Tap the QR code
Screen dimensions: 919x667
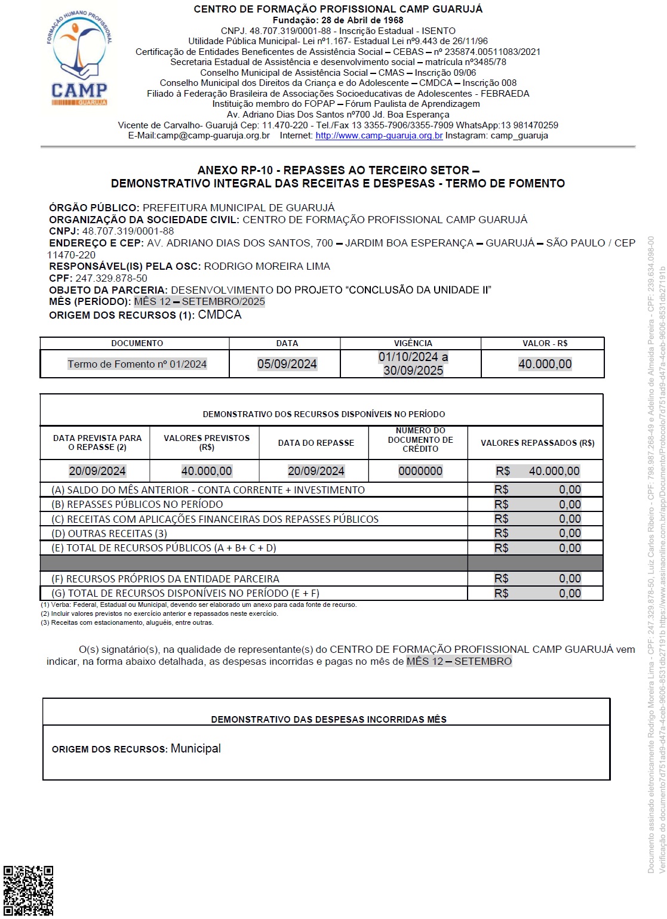tap(28, 890)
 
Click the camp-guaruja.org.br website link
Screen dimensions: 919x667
tap(379, 135)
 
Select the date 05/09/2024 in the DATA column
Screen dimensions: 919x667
tap(287, 364)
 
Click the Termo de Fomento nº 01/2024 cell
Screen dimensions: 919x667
tap(137, 364)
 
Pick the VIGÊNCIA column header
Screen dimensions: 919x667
tap(413, 343)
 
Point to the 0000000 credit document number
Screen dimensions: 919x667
tap(420, 471)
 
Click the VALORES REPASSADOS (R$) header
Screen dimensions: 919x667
tap(537, 443)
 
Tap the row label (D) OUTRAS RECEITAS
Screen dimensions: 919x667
tap(109, 533)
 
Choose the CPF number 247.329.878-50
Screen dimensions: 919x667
tap(111, 278)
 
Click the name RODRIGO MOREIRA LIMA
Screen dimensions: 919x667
tap(267, 266)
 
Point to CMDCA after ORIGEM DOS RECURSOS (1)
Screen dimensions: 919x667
tap(220, 314)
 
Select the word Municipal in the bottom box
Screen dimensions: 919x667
tap(196, 748)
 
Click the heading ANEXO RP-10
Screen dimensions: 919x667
tap(338, 170)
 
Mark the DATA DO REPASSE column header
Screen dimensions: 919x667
tap(316, 443)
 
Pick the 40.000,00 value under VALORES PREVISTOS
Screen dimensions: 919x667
tap(206, 471)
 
